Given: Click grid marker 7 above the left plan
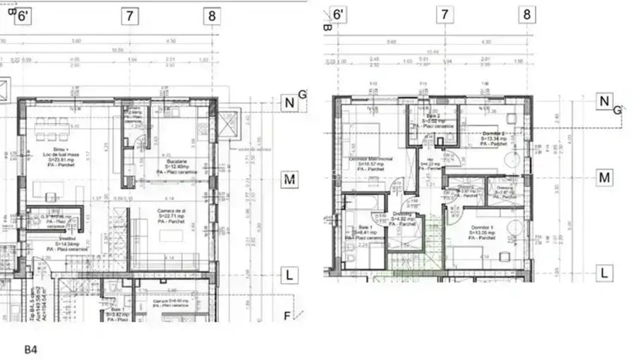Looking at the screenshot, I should click(x=129, y=16).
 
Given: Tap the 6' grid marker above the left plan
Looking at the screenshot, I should click(x=23, y=16).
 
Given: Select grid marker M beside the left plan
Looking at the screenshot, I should click(x=289, y=180).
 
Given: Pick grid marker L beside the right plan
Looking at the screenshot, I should click(x=604, y=273).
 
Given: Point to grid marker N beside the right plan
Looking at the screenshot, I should click(x=604, y=102).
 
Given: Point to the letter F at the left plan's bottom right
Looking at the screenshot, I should click(x=286, y=316).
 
